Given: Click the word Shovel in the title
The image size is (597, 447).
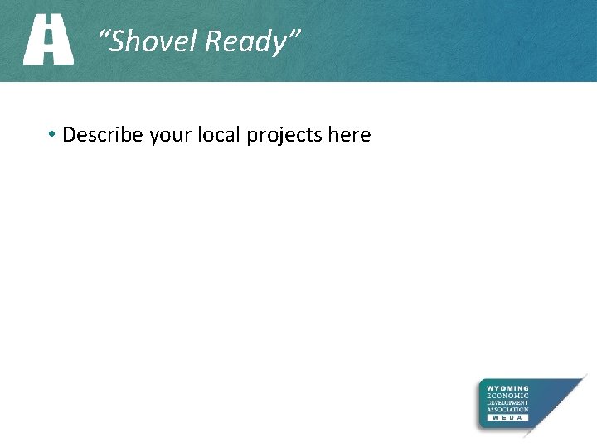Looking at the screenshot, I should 155,41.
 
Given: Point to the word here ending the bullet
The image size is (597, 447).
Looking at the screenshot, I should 349,134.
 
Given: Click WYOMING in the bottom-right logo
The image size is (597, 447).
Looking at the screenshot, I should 507,388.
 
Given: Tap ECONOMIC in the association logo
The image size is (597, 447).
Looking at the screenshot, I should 507,395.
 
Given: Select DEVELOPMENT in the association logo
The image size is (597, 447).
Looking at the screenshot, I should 507,402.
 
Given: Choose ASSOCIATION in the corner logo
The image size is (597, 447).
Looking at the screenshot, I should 507,410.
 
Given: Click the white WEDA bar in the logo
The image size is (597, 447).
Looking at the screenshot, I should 507,418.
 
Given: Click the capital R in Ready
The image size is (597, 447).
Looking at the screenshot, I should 213,41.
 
